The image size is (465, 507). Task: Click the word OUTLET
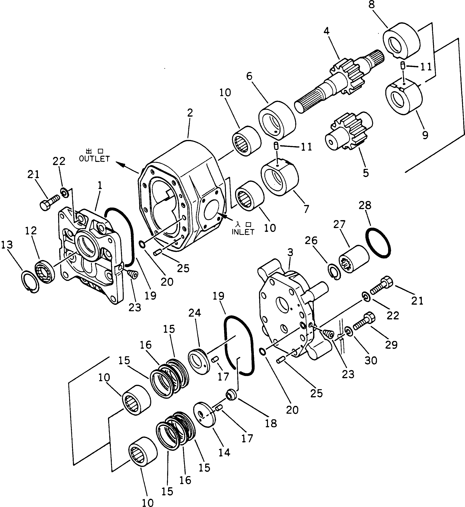[94, 159]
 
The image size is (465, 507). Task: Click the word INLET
[243, 232]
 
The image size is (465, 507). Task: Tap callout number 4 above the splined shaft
[326, 31]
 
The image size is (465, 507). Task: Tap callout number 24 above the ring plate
[195, 313]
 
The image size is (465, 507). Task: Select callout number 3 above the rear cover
[290, 252]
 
